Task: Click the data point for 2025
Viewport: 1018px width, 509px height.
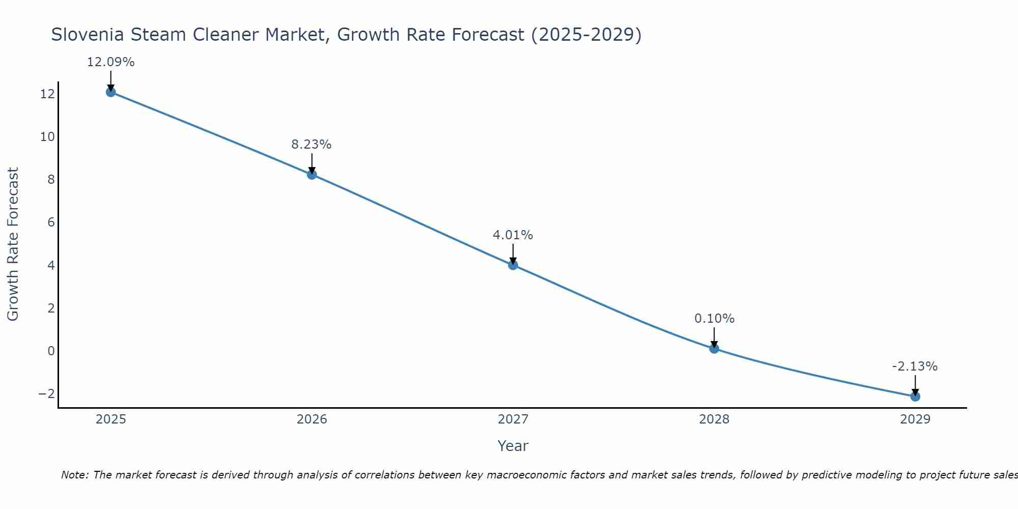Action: [x=111, y=92]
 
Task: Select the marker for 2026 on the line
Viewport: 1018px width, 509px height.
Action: [x=312, y=175]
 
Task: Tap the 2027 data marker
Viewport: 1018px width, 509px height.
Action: [x=513, y=265]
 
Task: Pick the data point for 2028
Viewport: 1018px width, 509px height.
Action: [x=714, y=349]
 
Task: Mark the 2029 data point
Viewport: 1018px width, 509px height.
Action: [x=915, y=397]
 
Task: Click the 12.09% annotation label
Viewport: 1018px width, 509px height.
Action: [x=111, y=62]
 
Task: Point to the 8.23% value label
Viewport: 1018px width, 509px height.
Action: [x=312, y=145]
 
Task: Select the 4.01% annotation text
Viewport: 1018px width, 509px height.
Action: [x=513, y=235]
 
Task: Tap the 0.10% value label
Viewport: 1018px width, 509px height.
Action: [x=714, y=319]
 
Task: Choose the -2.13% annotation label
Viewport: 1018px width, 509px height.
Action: [x=915, y=366]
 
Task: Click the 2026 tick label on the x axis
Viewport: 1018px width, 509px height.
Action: [x=312, y=419]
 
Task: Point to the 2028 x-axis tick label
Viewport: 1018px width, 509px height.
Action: [x=714, y=419]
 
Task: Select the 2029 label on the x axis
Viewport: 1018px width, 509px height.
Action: [x=915, y=419]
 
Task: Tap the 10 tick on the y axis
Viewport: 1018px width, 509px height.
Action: [x=47, y=137]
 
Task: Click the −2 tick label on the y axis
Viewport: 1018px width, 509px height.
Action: [x=46, y=394]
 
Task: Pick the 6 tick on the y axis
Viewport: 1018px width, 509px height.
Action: [x=51, y=222]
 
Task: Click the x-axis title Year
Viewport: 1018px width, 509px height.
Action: [x=513, y=446]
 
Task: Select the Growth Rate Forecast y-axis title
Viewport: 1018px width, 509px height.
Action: [x=13, y=244]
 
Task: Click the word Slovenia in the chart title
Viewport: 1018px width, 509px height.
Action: [x=88, y=35]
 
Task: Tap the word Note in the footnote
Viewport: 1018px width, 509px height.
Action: [x=74, y=475]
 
